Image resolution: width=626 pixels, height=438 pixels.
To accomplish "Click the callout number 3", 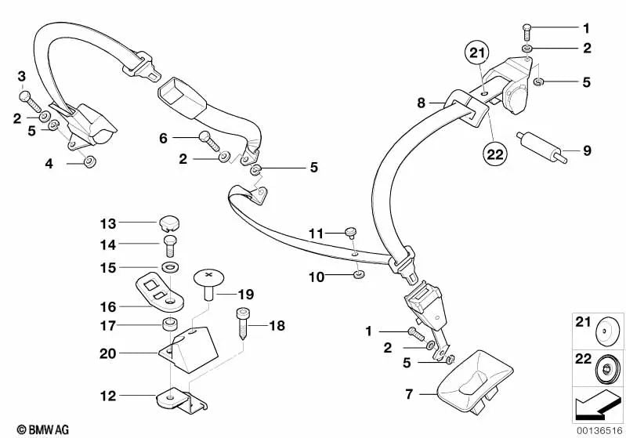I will (x=23, y=76).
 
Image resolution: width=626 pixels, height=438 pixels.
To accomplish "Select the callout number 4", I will (x=49, y=163).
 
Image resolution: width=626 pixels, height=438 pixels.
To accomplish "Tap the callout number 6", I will (x=164, y=138).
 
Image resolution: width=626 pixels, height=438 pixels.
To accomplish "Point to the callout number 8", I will (x=421, y=102).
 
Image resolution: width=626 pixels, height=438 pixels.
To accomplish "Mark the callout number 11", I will (x=315, y=233).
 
